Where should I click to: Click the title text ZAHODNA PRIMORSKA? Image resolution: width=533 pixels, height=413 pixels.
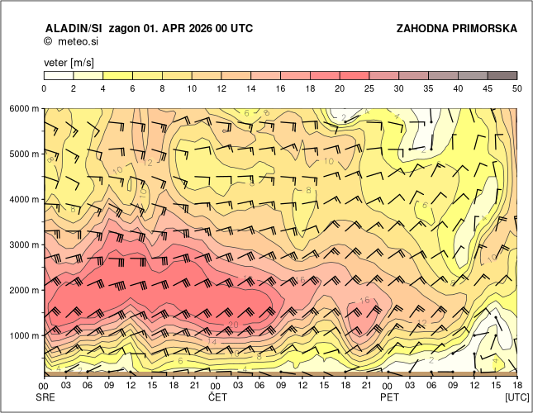tap(457, 28)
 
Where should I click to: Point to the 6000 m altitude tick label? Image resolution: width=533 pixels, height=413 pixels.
tap(24, 108)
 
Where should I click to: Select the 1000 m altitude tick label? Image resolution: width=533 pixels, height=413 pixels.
tap(24, 335)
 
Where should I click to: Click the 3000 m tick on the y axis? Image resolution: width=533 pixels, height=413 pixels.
tap(24, 244)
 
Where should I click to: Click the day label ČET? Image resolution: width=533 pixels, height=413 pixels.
tap(217, 397)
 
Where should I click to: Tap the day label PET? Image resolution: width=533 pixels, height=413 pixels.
tap(388, 397)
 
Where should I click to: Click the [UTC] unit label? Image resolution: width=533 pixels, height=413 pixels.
tap(517, 397)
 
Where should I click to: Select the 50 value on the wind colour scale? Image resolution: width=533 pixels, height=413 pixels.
tap(516, 88)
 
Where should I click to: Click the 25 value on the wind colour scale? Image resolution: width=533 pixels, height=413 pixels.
tap(369, 88)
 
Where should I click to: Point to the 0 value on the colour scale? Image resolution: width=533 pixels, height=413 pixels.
tap(44, 88)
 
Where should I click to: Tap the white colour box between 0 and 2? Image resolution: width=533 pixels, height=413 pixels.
tap(59, 75)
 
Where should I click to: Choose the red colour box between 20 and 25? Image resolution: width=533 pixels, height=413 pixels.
tap(355, 75)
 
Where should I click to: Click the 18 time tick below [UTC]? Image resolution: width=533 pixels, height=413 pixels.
tap(516, 386)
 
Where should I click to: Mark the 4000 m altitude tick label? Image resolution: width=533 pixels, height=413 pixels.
tap(24, 199)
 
